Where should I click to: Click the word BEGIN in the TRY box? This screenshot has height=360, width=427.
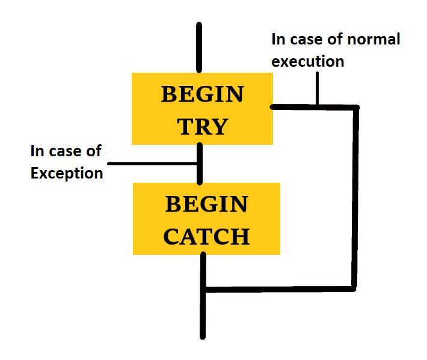pyautogui.click(x=202, y=94)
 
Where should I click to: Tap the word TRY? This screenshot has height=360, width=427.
pyautogui.click(x=203, y=127)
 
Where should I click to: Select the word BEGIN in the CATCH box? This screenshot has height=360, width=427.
pyautogui.click(x=206, y=204)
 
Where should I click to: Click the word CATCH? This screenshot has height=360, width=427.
pyautogui.click(x=206, y=237)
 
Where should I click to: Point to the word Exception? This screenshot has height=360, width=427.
pyautogui.click(x=67, y=174)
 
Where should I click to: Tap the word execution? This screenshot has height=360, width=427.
pyautogui.click(x=308, y=61)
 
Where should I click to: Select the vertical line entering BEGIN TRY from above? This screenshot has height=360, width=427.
pyautogui.click(x=199, y=48)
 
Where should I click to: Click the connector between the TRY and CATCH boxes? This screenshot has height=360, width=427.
pyautogui.click(x=200, y=163)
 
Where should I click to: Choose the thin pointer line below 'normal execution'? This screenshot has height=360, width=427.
pyautogui.click(x=316, y=89)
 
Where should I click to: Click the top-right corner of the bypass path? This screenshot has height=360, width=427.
pyautogui.click(x=357, y=108)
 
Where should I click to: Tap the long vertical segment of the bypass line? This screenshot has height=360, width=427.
pyautogui.click(x=356, y=198)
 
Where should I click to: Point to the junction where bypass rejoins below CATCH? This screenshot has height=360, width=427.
pyautogui.click(x=204, y=290)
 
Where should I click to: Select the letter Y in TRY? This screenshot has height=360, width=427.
pyautogui.click(x=220, y=127)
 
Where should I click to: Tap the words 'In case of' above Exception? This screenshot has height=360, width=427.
pyautogui.click(x=67, y=151)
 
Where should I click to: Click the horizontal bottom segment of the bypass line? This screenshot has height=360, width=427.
pyautogui.click(x=280, y=289)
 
